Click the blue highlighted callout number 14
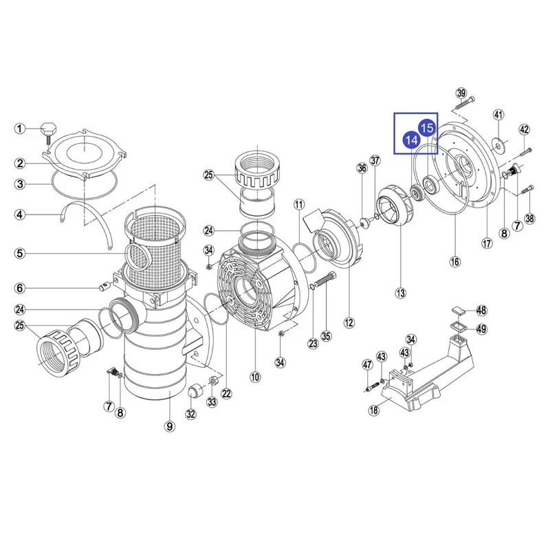[x=411, y=140]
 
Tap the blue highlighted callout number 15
[x=427, y=128]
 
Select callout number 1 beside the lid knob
[x=20, y=129]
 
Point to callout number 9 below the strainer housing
[x=170, y=426]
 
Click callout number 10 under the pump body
[x=255, y=377]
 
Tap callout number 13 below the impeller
[x=400, y=293]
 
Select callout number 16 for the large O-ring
[x=455, y=261]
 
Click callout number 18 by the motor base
[x=374, y=410]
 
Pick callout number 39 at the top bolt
[x=461, y=93]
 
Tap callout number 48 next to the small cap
[x=482, y=310]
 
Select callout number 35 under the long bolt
[x=326, y=335]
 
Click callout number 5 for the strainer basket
[x=20, y=253]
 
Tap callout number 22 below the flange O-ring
[x=227, y=393]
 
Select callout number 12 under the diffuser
[x=349, y=322]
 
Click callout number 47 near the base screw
[x=367, y=365]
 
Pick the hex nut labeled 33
[x=212, y=381]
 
